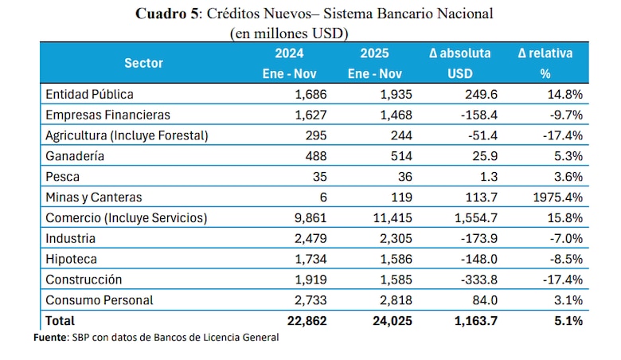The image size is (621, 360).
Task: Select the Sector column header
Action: [x=143, y=63]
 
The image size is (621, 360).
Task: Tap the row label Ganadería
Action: [x=75, y=155]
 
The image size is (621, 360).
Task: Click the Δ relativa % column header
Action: [x=545, y=63]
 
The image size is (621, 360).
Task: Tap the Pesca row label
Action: [x=63, y=176]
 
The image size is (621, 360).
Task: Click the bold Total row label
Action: [x=61, y=321]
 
